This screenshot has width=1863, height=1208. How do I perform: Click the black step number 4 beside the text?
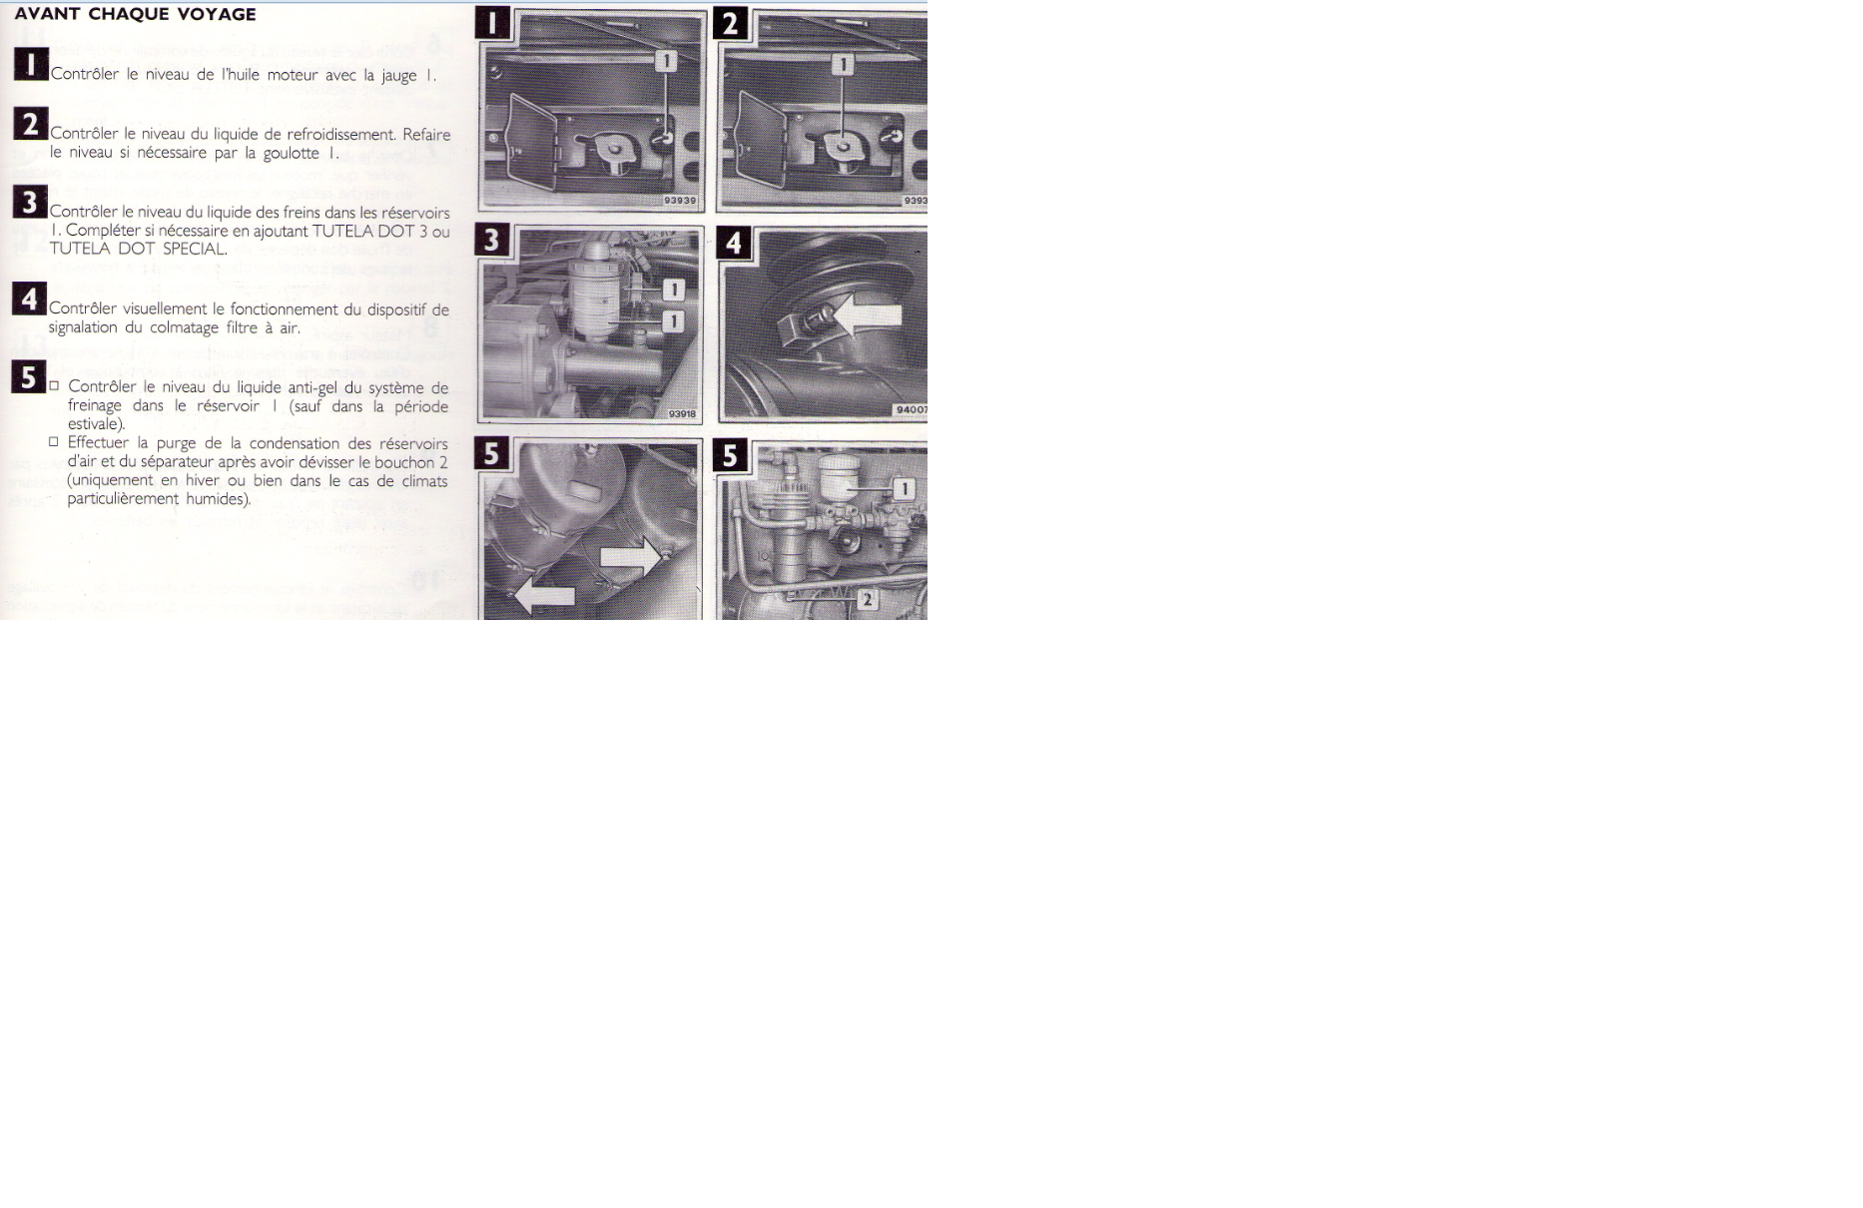(30, 299)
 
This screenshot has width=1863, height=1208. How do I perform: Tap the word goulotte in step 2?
(291, 153)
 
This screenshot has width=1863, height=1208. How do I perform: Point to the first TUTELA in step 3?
(341, 231)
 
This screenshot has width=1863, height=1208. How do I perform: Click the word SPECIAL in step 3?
(195, 249)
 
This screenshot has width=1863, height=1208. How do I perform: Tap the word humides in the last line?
(218, 499)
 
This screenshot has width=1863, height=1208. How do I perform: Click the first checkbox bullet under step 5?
(55, 386)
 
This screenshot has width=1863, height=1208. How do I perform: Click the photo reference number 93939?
(680, 201)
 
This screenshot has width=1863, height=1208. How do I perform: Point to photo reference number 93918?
(682, 413)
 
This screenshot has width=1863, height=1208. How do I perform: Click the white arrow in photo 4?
(866, 317)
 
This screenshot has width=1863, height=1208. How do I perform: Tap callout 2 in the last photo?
(868, 600)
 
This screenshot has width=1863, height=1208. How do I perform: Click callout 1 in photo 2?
(843, 64)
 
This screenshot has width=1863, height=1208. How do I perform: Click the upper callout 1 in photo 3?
(674, 290)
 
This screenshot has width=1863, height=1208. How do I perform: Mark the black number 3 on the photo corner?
(492, 241)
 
